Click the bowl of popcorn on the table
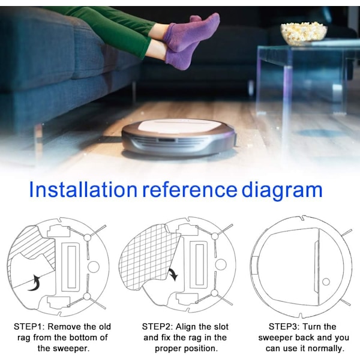304,33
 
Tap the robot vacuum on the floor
179,137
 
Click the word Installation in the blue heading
83,190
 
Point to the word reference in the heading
190,190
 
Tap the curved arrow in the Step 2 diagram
173,274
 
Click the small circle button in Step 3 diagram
326,282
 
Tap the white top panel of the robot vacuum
179,125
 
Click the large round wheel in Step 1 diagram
94,267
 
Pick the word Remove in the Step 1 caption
62,326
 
